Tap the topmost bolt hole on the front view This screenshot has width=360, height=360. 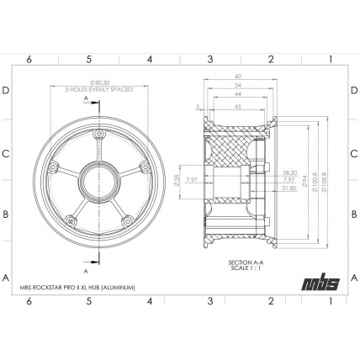click(100, 135)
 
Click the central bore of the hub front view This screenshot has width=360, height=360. click(99, 179)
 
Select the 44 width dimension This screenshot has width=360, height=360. click(238, 95)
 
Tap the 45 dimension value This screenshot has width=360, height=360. click(238, 108)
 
